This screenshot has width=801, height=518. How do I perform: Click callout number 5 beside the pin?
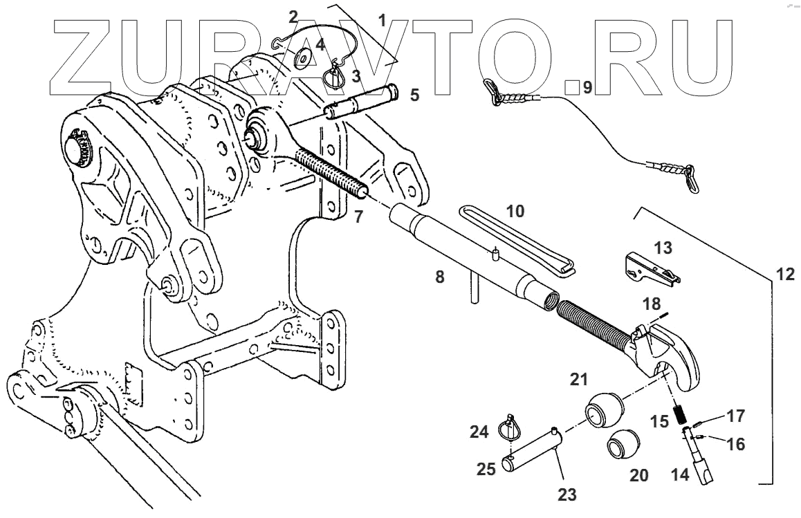tap(414, 95)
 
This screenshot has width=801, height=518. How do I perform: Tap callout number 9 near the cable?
tap(587, 88)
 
